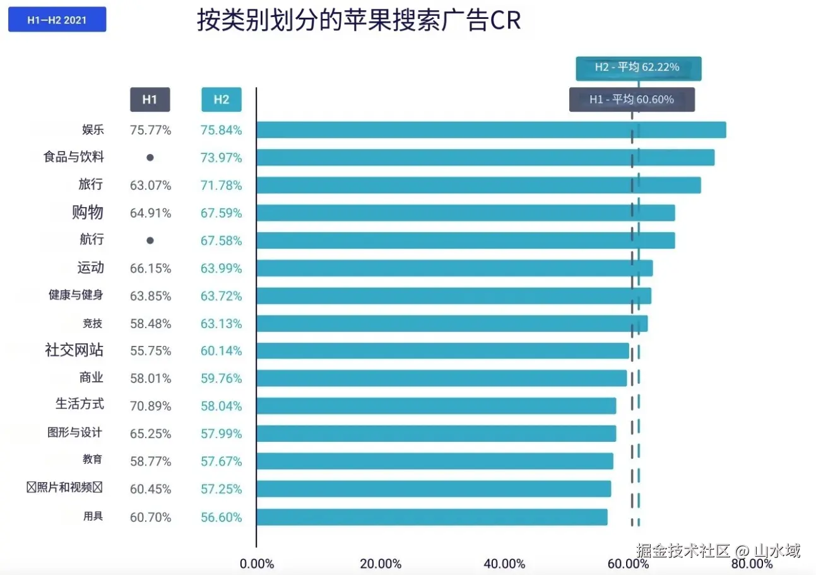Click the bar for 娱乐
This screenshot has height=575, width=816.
coord(491,130)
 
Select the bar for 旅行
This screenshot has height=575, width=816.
coord(478,185)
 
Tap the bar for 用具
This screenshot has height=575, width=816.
coord(432,517)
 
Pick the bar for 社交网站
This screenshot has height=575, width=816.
coord(442,351)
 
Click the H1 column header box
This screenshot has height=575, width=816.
coord(150,99)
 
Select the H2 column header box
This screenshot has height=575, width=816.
coord(221,99)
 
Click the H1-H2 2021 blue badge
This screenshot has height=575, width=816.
coord(57,20)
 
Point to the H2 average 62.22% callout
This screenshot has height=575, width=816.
coord(638,68)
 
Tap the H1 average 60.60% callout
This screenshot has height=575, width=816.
coord(632,99)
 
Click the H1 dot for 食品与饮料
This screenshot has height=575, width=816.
coord(150,157)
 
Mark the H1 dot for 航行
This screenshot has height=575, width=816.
coord(150,240)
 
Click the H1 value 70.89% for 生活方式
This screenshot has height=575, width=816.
coord(151,406)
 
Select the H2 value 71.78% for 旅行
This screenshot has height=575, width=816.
coord(222,185)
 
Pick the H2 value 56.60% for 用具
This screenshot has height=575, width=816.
coord(222,518)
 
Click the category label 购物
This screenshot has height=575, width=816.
coord(87,213)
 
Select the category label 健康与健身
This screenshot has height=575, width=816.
coord(76,295)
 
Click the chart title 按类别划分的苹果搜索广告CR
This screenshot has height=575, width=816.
coord(358,20)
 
